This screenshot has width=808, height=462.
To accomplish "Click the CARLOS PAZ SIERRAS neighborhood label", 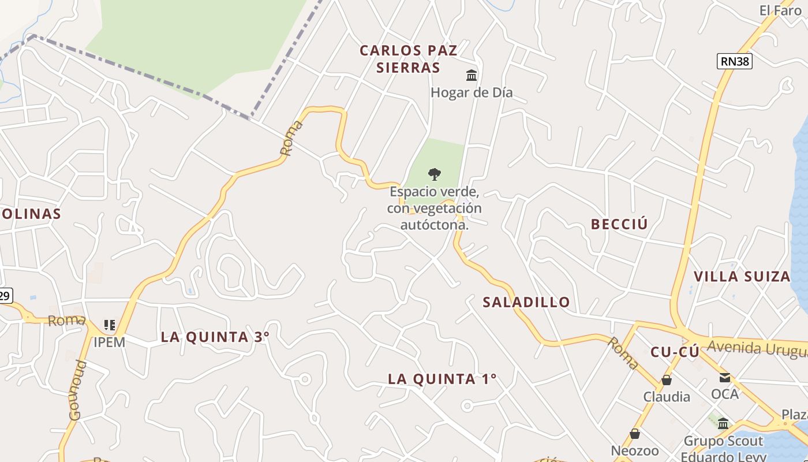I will click(408, 59).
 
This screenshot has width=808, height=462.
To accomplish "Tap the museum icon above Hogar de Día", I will click(472, 76).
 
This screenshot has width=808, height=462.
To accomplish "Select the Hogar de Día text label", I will click(472, 92).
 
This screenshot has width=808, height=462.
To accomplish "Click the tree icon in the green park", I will click(435, 174).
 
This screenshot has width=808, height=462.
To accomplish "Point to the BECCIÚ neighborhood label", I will click(619, 224).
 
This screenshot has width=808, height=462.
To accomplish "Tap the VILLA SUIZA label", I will click(742, 276).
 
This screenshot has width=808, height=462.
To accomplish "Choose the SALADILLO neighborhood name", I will click(526, 301).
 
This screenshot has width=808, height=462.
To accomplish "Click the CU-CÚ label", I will click(675, 352).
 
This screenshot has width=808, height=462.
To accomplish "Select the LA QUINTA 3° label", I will click(215, 337).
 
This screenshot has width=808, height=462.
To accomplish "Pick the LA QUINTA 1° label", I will click(442, 379).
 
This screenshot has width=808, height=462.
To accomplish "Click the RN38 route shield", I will click(735, 61).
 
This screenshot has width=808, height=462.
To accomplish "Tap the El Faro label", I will click(780, 10).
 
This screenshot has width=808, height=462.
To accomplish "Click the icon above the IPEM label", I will click(109, 325).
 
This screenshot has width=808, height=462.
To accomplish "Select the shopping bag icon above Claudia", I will click(667, 380).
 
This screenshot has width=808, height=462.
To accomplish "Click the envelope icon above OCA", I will click(724, 378).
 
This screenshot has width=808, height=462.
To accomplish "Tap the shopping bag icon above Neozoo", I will click(635, 434).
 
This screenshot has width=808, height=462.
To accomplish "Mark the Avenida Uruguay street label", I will click(756, 348).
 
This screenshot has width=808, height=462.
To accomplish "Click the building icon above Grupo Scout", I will click(723, 424).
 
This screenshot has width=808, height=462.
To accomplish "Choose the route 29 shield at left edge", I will click(5, 296).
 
